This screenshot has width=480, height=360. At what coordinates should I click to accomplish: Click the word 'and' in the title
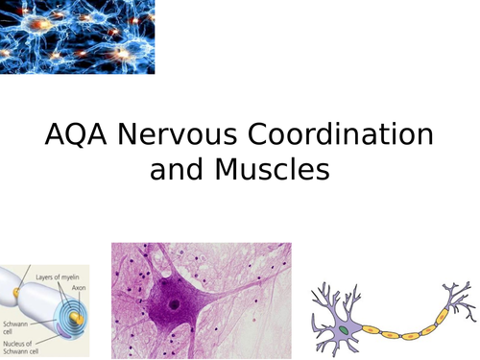175,170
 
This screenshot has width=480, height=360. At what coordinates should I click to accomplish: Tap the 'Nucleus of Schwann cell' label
26,342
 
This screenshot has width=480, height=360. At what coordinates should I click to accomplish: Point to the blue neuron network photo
77,36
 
